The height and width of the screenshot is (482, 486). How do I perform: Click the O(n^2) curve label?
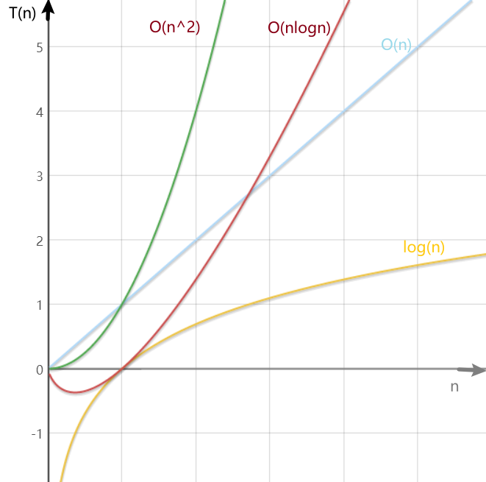point(175,27)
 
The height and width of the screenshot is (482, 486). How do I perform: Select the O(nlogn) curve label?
point(299,28)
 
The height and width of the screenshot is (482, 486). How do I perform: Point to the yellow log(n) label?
point(424,247)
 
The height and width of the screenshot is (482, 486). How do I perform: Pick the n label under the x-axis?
point(454,387)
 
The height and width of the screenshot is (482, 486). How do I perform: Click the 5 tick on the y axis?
point(38,47)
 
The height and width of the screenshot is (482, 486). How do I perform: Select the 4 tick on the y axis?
point(38,112)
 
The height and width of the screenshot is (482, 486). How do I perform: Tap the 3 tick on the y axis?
point(38,176)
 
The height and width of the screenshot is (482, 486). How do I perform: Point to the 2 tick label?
point(38,241)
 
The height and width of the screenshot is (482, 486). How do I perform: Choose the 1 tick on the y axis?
point(38,305)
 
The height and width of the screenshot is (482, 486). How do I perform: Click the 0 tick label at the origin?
point(38,369)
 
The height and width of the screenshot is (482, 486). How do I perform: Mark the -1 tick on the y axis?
point(35,433)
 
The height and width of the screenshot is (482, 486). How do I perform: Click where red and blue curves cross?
point(248,194)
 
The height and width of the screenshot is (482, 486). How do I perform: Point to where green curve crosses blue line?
point(122,304)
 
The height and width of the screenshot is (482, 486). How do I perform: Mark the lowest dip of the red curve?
point(75,392)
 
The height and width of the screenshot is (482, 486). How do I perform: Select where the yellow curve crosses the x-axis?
point(122,369)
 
